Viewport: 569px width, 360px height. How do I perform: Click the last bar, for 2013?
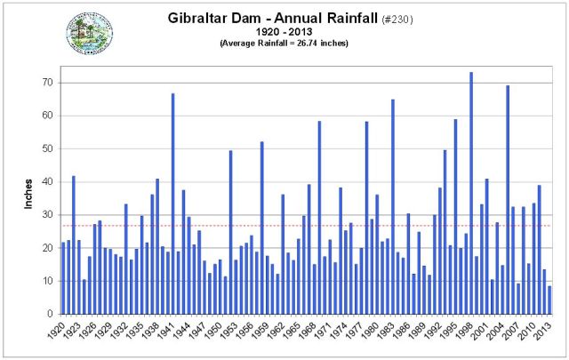(x=549, y=300)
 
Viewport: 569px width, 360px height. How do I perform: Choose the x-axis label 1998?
(x=471, y=332)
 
